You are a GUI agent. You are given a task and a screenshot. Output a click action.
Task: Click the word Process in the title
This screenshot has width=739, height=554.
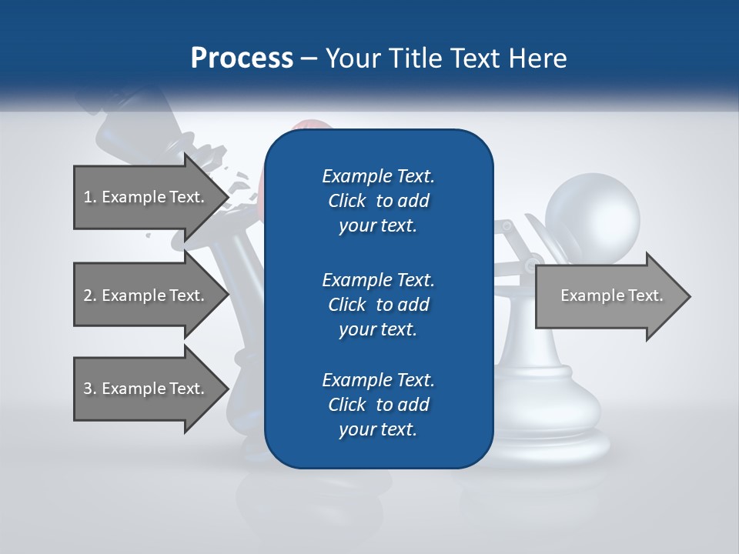pos(241,58)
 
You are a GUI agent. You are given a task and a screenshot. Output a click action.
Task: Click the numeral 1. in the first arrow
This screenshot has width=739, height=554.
pos(90,197)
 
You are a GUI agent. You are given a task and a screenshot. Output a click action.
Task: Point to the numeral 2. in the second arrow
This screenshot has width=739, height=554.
pos(90,295)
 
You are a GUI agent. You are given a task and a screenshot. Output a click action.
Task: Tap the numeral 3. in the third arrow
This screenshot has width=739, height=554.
pos(90,389)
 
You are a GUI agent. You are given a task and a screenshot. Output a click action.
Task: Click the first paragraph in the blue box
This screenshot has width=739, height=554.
pos(378,201)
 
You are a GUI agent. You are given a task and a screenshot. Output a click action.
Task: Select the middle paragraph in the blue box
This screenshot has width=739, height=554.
pos(378,304)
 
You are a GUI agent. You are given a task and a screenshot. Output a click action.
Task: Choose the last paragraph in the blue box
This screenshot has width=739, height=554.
pos(378,405)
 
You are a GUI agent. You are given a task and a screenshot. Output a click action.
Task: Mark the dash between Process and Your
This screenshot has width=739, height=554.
pos(309,59)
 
